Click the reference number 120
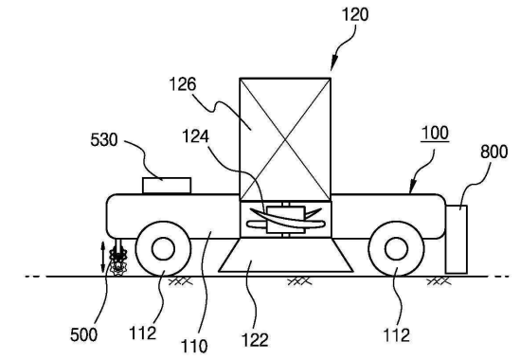(355, 15)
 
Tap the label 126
(183, 84)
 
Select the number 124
(195, 136)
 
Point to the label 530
(104, 139)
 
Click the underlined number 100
(435, 133)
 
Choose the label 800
(493, 152)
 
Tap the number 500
(84, 334)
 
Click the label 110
(194, 346)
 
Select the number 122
(255, 340)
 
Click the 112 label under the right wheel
(396, 335)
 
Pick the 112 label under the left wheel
(142, 333)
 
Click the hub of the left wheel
(163, 248)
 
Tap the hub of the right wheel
(396, 249)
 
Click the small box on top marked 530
(167, 186)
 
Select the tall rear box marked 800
(457, 240)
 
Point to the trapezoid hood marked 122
(285, 255)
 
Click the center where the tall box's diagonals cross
(285, 139)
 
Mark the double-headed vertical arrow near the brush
(103, 257)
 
